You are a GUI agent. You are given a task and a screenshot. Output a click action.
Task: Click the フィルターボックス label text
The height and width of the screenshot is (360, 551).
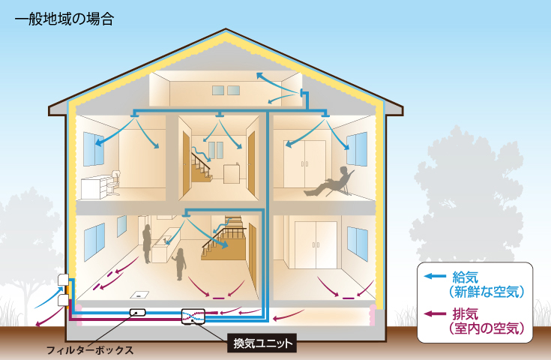[89, 349]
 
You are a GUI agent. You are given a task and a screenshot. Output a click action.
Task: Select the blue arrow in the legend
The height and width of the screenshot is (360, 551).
[434, 276]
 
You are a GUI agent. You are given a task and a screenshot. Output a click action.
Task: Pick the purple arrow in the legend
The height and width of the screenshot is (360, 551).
[434, 313]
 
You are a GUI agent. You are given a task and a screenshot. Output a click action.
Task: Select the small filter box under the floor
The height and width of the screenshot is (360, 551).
[136, 312]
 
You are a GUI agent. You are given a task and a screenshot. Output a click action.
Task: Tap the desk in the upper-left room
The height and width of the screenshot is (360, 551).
[97, 184]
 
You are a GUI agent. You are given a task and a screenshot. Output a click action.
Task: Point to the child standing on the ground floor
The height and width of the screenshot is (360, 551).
[179, 263]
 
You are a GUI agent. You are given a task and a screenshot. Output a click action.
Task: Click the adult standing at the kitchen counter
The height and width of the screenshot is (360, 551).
[147, 243]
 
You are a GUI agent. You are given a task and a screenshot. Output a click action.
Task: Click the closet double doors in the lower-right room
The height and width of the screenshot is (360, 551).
[315, 244]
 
